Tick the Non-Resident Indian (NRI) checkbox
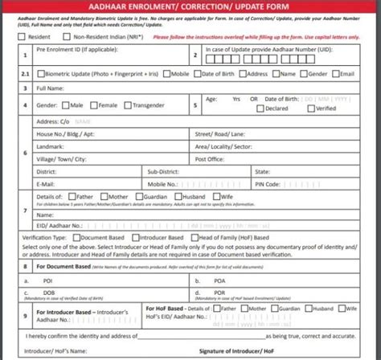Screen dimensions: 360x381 point(68,37)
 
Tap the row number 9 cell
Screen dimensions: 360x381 point(27,315)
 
